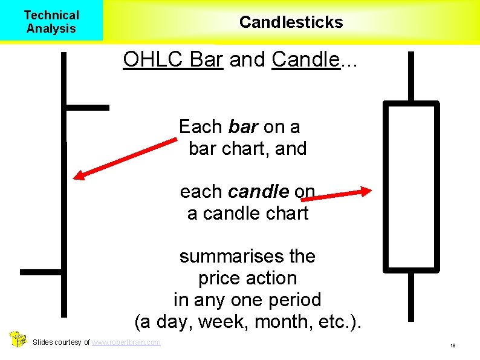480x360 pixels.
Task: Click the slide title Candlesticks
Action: [x=291, y=22]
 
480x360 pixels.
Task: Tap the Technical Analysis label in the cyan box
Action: [x=51, y=22]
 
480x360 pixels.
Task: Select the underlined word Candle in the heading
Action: [x=305, y=59]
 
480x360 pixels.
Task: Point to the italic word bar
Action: [x=244, y=127]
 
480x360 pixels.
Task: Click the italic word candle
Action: [x=259, y=192]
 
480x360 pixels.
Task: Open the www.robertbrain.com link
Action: [x=126, y=342]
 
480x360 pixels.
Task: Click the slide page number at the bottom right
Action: [x=452, y=345]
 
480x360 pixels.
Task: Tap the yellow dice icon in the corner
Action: [x=18, y=339]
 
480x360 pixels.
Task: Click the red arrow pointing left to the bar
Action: [x=124, y=159]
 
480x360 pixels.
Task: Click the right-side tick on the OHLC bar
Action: [x=87, y=108]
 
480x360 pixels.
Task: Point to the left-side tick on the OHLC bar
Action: [x=41, y=272]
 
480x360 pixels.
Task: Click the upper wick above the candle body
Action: [x=411, y=76]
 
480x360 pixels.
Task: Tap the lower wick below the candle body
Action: [x=411, y=296]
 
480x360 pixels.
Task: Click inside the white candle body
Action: [x=411, y=185]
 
